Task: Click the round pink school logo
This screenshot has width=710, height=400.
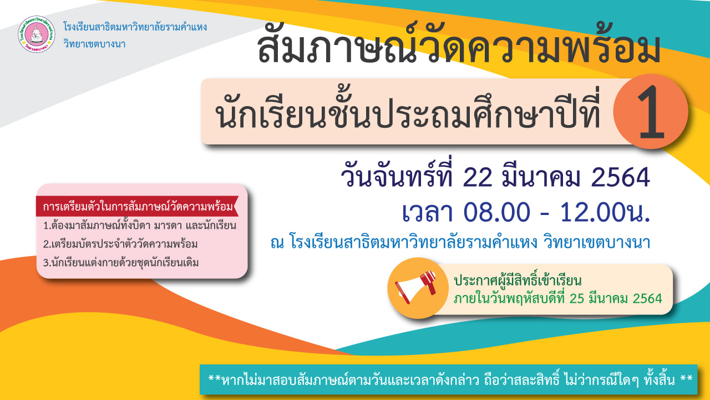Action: coord(37,34)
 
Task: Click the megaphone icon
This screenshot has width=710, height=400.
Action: coord(416,287)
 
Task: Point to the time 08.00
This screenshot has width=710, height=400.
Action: coord(496,212)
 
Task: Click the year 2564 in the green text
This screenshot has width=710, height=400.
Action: coord(647,299)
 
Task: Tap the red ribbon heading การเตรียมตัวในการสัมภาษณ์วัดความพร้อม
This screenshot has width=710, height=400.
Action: coord(138,207)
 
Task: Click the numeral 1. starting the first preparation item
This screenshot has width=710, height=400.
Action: coord(47,226)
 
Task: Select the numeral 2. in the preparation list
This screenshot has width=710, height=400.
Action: coord(47,244)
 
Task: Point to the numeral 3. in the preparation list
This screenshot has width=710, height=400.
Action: coord(47,263)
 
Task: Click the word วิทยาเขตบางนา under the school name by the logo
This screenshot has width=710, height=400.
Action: coord(94,43)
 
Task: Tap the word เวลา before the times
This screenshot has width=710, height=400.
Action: coord(428,212)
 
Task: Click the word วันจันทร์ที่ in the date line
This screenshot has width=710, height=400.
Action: coord(397,176)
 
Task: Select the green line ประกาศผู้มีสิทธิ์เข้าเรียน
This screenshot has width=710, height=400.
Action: coord(518,281)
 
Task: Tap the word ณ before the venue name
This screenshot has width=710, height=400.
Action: coord(277,243)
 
